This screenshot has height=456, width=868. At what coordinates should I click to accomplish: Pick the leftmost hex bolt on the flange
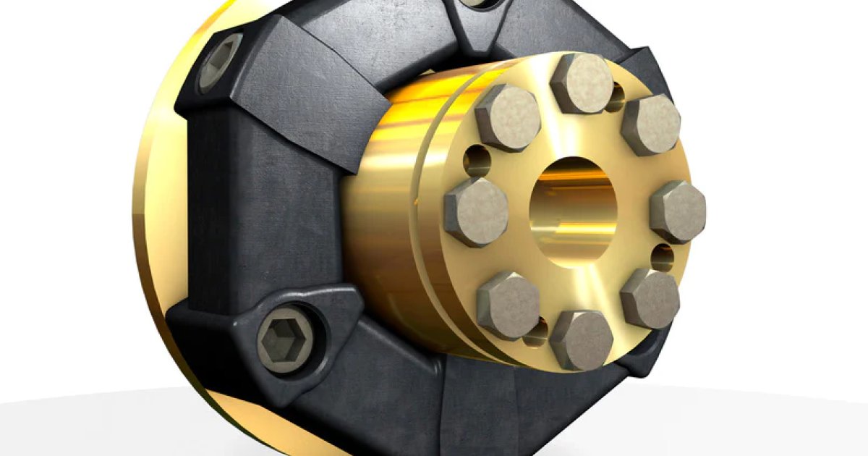click(476, 212)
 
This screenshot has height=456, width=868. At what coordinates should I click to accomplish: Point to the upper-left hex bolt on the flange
click(508, 117)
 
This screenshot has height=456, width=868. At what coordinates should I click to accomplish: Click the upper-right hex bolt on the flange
click(650, 124)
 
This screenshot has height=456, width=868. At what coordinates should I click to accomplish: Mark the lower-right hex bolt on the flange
click(650, 298)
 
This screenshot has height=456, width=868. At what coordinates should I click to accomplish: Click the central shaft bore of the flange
click(575, 210)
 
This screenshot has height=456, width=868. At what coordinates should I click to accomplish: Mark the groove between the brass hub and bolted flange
click(432, 217)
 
